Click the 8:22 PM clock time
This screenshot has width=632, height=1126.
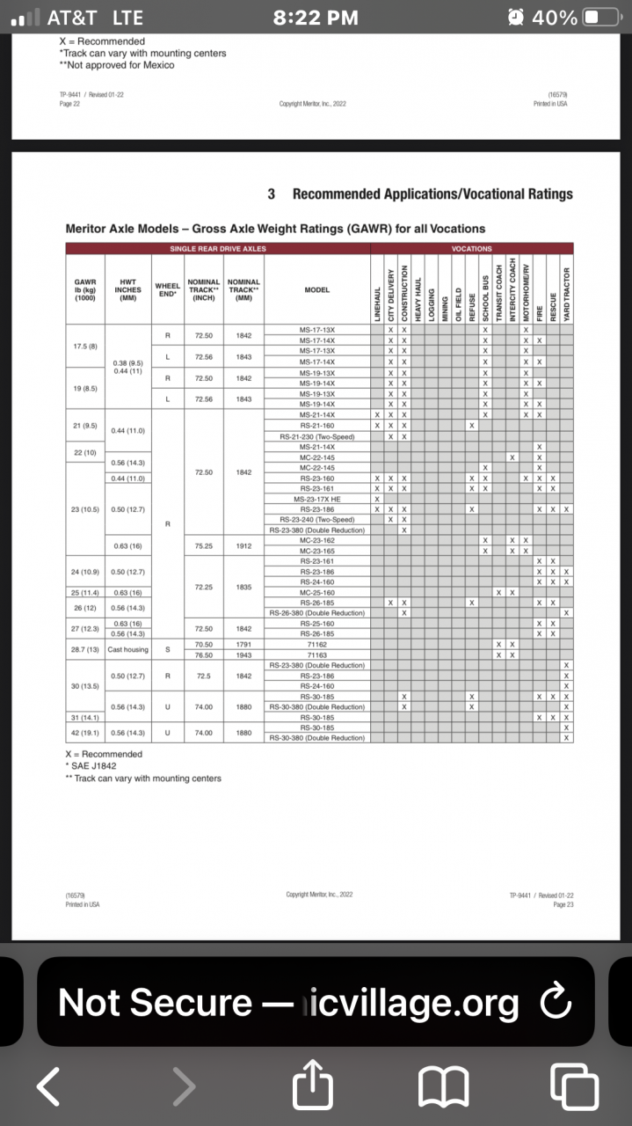pos(316,18)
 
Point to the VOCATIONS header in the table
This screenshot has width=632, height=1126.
pos(471,249)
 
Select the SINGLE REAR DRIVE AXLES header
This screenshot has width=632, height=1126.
pos(217,249)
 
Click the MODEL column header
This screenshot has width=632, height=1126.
pos(317,289)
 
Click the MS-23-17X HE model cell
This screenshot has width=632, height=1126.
pos(317,499)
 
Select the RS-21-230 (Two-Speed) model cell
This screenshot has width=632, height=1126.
pos(317,435)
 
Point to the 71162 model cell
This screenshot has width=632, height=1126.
pos(317,644)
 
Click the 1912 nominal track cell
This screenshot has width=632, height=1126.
pos(243,545)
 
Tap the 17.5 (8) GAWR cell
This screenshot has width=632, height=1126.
pos(85,346)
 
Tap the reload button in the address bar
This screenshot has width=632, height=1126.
pos(554,1001)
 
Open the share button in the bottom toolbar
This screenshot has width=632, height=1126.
pos(317,1086)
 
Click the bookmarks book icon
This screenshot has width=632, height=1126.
pos(443,1087)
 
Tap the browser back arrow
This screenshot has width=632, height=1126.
pos(48,1087)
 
